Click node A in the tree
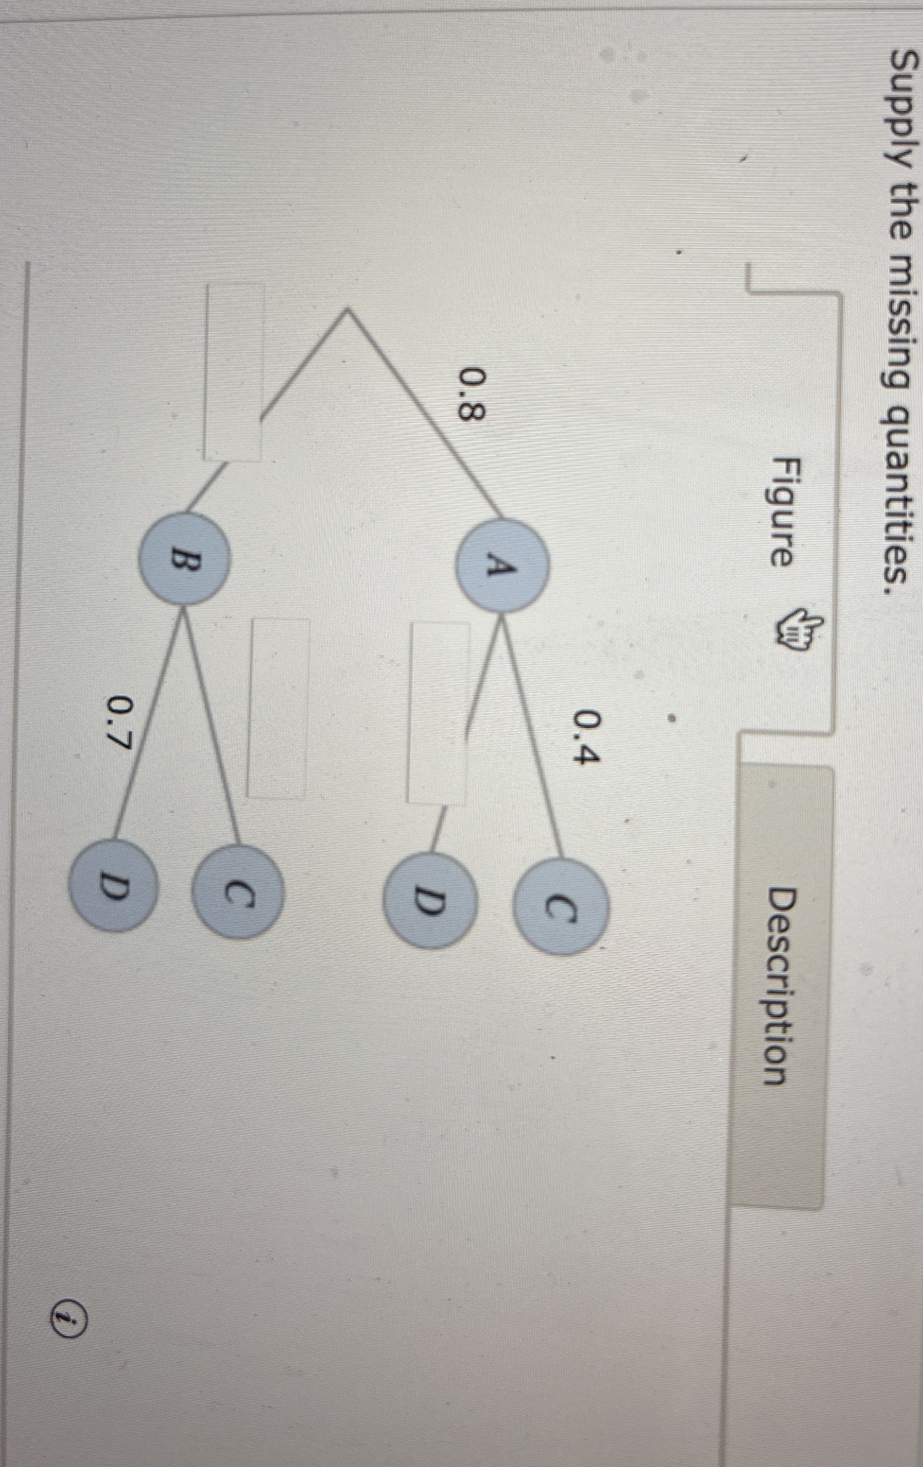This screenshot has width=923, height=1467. tap(504, 566)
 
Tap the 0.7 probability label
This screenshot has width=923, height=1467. tap(121, 727)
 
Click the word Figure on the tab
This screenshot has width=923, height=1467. tap(777, 511)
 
